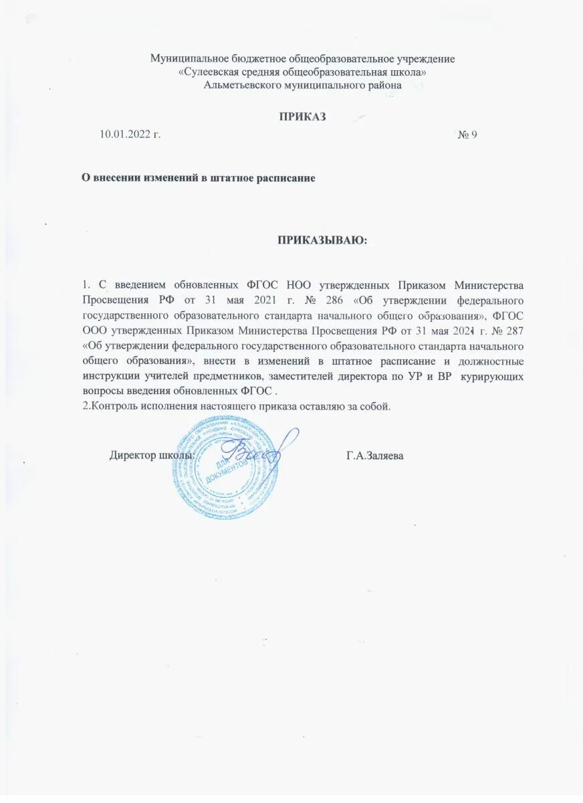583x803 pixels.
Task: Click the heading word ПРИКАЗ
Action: click(302, 116)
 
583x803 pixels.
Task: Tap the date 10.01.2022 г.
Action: click(130, 135)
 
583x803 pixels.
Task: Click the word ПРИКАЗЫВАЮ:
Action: click(322, 240)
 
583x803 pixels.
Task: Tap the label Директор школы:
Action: click(152, 456)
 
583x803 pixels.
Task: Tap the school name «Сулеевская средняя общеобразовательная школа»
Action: click(303, 72)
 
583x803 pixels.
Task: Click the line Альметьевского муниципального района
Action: click(303, 84)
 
